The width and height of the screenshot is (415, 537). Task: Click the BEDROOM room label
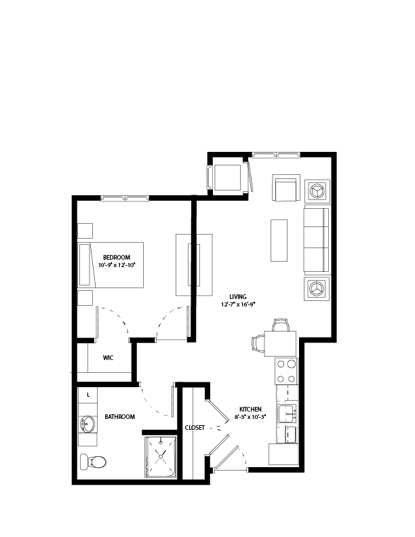(x=117, y=258)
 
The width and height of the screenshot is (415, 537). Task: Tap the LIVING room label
(x=238, y=297)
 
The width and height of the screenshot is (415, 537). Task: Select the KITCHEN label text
(x=250, y=410)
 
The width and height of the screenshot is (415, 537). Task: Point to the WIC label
(x=108, y=358)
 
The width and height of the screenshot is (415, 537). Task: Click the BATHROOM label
(x=120, y=417)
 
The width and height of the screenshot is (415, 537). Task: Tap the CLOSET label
(x=195, y=428)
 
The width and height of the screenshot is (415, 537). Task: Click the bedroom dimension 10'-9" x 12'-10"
(x=117, y=265)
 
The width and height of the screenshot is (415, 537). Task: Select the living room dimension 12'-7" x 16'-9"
(x=238, y=304)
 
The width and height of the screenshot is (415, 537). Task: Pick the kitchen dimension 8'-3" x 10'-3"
(x=250, y=417)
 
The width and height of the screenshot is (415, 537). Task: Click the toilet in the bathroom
(x=92, y=462)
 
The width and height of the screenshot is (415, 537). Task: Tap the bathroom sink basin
(x=87, y=424)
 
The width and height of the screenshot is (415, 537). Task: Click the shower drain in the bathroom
(x=161, y=456)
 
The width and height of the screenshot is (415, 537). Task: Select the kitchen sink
(x=287, y=414)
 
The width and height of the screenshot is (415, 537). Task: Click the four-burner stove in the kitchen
(x=286, y=372)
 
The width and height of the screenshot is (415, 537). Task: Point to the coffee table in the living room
(x=279, y=241)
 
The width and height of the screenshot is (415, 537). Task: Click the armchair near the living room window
(x=286, y=188)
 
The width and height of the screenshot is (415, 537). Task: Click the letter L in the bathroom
(x=88, y=395)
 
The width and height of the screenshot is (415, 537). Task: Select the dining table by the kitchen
(x=280, y=344)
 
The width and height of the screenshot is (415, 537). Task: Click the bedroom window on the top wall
(x=125, y=198)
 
